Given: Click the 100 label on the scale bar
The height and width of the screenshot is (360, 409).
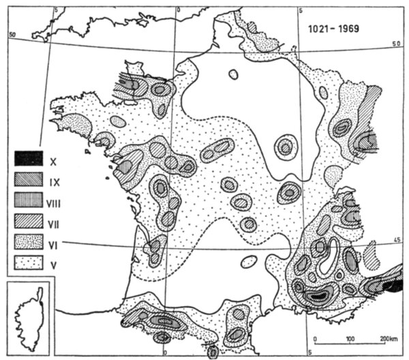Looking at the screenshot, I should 350,339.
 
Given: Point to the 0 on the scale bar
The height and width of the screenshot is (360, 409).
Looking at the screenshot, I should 315,339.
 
